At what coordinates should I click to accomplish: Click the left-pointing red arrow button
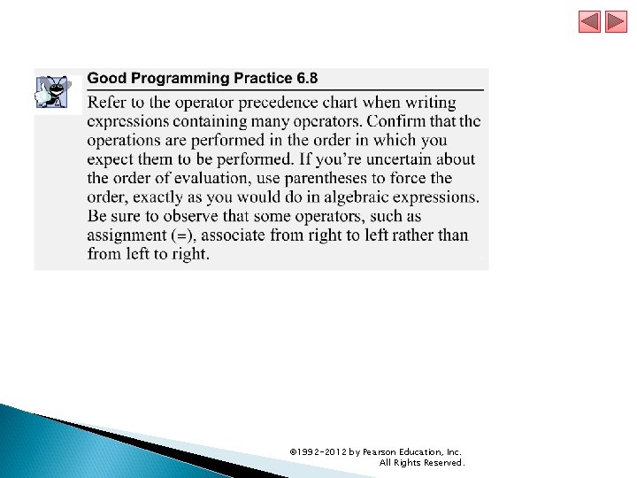[x=589, y=21]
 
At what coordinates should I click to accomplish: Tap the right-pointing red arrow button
[x=616, y=21]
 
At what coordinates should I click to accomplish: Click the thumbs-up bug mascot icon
[x=52, y=90]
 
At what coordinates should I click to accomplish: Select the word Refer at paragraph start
[x=106, y=103]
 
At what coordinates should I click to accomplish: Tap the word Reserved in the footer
[x=441, y=463]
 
